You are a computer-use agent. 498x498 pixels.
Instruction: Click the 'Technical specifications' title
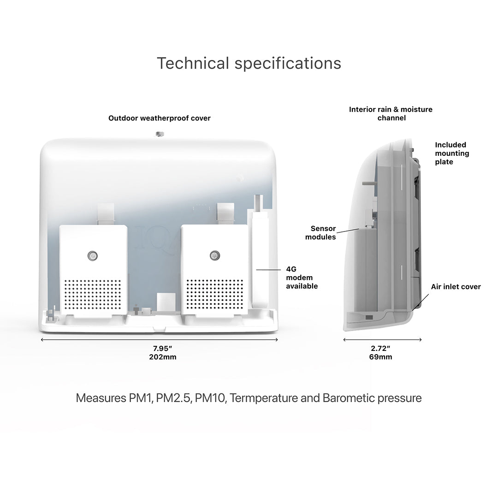tap(249, 63)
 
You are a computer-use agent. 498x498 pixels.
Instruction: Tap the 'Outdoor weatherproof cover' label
tap(160, 118)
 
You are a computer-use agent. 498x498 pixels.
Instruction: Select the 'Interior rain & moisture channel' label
tap(391, 113)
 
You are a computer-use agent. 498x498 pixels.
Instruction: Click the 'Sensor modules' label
tap(323, 233)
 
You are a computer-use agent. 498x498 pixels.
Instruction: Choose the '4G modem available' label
tap(302, 278)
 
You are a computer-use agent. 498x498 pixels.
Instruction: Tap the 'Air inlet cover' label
tap(456, 287)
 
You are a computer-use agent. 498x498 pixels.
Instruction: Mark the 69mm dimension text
tap(381, 357)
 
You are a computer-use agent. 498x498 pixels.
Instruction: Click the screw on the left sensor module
tap(93, 255)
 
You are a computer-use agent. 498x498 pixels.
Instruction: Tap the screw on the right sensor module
tap(213, 255)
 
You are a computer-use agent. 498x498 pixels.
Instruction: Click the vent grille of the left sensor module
tap(94, 294)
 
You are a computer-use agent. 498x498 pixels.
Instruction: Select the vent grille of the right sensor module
tap(213, 294)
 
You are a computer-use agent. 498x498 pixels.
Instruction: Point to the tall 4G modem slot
tap(260, 258)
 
